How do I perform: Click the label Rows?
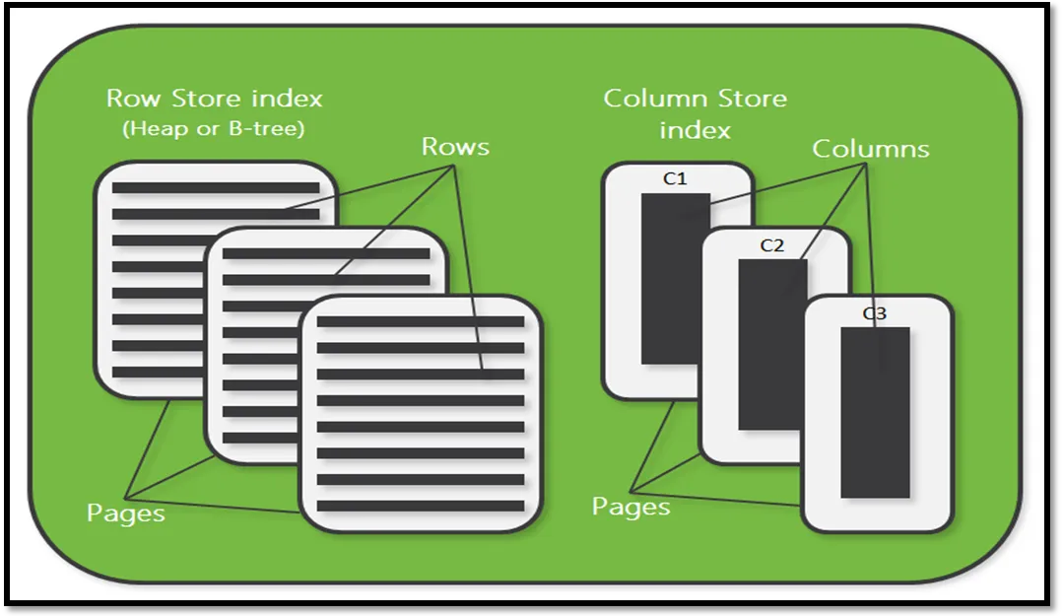point(455,147)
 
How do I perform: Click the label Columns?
point(870,149)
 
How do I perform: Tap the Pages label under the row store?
point(126,513)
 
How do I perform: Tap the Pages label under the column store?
point(631,507)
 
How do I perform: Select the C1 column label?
point(675,179)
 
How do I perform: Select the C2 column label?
point(772,245)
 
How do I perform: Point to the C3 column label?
point(874,313)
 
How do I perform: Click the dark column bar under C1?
point(675,278)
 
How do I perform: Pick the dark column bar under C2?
point(772,345)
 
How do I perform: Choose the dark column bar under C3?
point(874,412)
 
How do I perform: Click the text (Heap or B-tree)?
point(214,128)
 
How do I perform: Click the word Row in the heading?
point(135,99)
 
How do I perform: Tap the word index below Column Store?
point(695,130)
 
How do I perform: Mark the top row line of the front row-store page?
point(421,321)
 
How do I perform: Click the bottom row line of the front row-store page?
point(421,507)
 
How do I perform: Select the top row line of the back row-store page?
point(216,187)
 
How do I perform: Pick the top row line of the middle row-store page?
point(326,253)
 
